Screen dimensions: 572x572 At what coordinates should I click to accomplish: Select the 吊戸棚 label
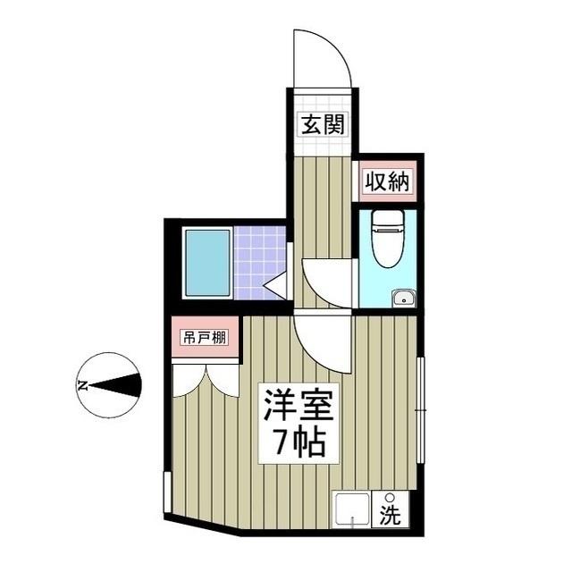[x=205, y=338]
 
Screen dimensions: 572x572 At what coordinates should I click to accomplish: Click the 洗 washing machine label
[x=391, y=515]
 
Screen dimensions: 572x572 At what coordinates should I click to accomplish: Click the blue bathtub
[x=207, y=263]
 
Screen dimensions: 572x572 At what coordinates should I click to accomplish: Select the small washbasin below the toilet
[x=404, y=298]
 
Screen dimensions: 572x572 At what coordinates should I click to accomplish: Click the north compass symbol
[x=109, y=386]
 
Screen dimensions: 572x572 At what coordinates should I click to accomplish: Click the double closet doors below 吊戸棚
[x=206, y=378]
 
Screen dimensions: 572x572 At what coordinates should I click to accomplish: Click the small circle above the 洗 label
[x=390, y=499]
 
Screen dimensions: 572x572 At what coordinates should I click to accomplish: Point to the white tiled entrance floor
[x=322, y=143]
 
